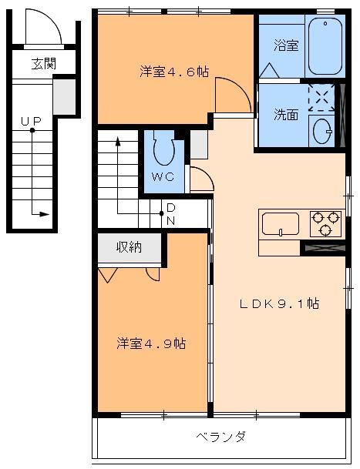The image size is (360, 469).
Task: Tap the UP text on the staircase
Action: [x=31, y=121]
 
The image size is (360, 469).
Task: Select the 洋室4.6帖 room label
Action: [x=174, y=72]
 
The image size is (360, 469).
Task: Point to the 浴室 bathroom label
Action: [x=286, y=45]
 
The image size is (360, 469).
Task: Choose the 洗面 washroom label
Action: [x=286, y=115]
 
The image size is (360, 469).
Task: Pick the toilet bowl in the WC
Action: [x=163, y=150]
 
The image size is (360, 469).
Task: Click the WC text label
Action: [x=162, y=177]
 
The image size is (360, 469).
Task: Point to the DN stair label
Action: [x=170, y=214]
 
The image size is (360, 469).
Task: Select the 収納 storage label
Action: [x=129, y=247]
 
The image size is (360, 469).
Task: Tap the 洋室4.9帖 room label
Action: [x=151, y=342]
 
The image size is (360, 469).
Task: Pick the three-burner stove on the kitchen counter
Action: [x=325, y=223]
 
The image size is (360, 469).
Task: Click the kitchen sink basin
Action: [x=281, y=224]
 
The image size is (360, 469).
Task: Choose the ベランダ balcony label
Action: [x=220, y=437]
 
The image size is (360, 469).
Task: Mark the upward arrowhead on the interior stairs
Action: [x=118, y=142]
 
